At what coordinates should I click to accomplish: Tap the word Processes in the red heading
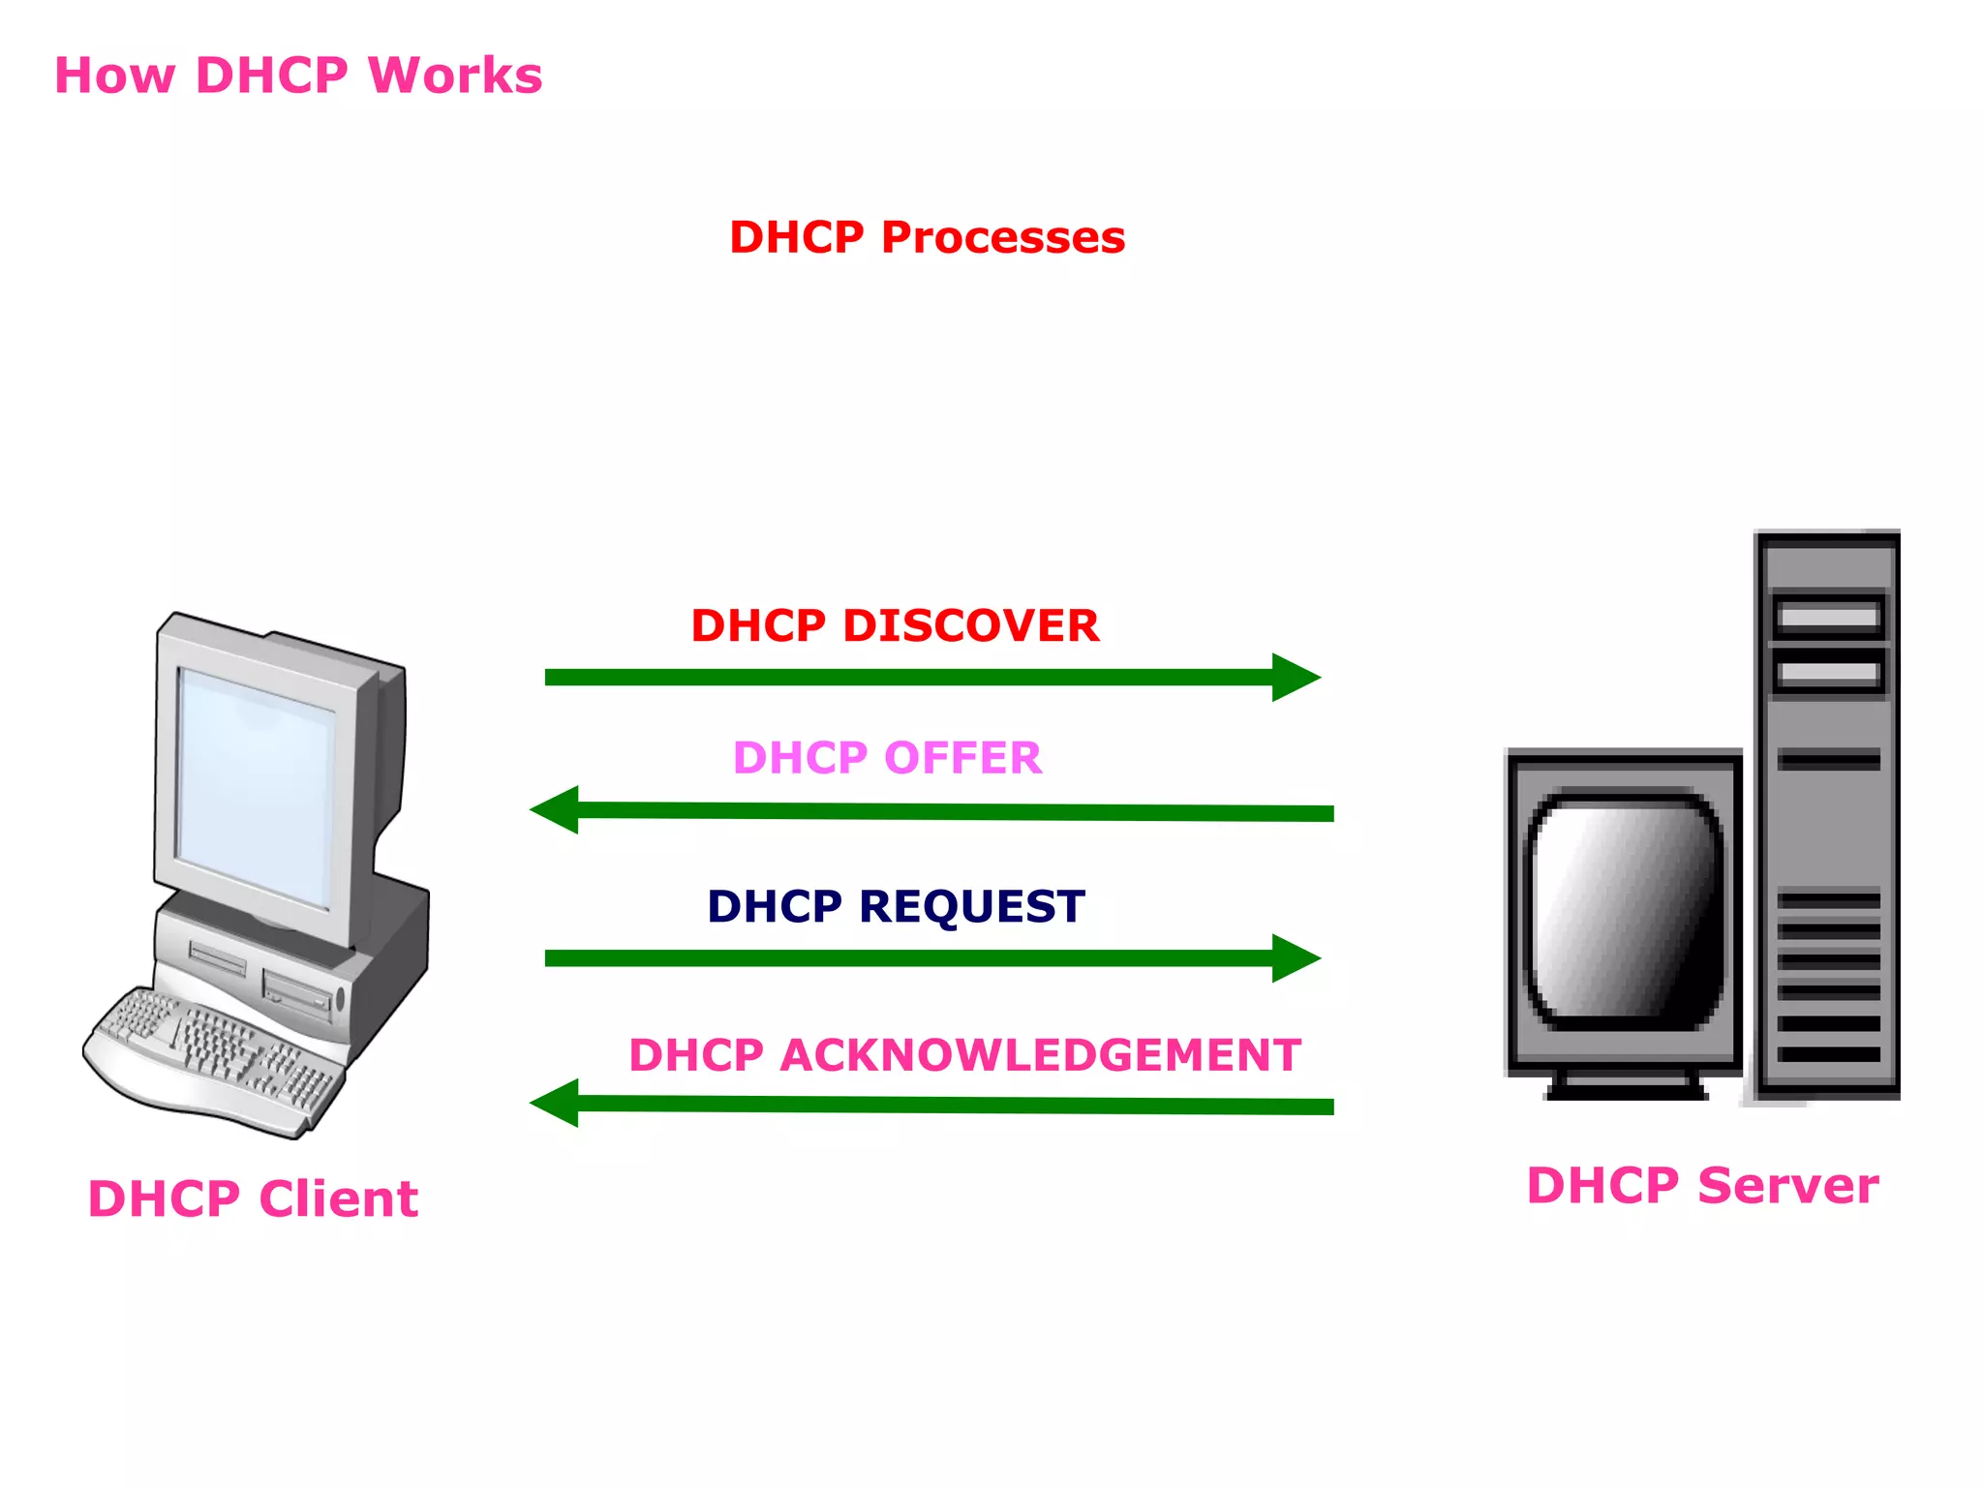click(x=1002, y=237)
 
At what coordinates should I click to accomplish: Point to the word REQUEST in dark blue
click(x=971, y=907)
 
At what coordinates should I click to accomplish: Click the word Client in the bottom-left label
click(x=338, y=1199)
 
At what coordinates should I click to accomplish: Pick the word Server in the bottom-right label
click(x=1787, y=1186)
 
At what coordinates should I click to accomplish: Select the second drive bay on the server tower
click(x=1828, y=673)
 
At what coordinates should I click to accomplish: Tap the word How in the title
click(x=114, y=76)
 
